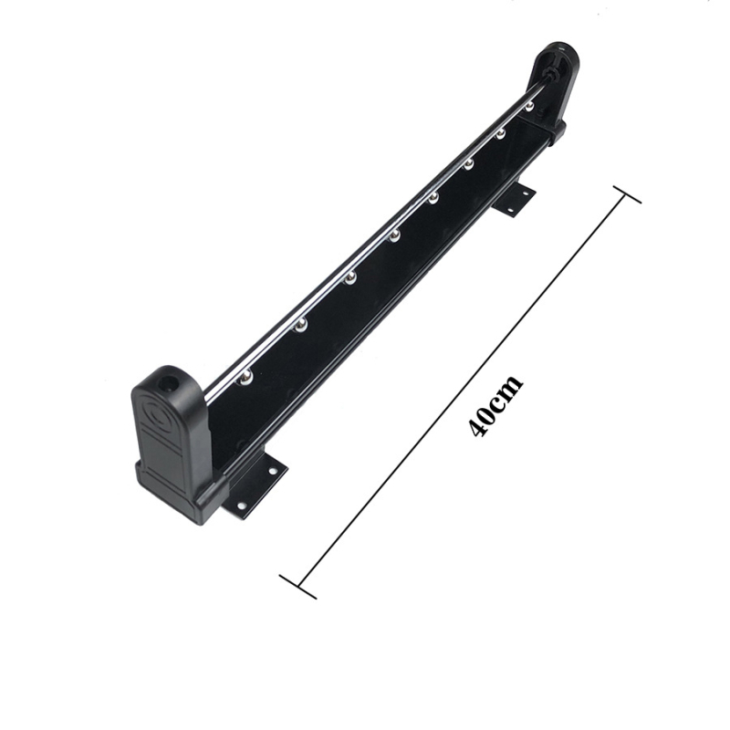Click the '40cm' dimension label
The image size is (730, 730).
click(x=495, y=405)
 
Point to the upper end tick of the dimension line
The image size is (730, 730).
click(x=627, y=194)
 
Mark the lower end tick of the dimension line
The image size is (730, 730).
click(x=298, y=586)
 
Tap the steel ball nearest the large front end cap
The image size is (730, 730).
click(x=245, y=376)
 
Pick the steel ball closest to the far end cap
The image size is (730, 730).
click(x=529, y=106)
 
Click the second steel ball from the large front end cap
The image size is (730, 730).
click(x=300, y=325)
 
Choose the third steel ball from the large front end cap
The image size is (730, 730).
click(x=350, y=278)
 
